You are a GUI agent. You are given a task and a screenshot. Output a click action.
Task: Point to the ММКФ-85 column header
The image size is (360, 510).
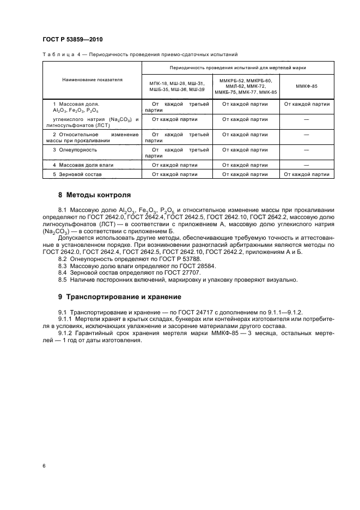(307, 86)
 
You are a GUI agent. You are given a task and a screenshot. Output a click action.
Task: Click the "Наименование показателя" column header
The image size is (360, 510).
(91, 80)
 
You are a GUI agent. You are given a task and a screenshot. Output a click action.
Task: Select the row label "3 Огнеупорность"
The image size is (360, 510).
(75, 149)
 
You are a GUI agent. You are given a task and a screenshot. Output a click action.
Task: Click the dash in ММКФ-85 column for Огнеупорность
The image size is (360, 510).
(307, 149)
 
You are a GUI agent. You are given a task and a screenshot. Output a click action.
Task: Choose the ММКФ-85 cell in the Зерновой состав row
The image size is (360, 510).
(307, 174)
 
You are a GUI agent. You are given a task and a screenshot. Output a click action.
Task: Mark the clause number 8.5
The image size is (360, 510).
(62, 280)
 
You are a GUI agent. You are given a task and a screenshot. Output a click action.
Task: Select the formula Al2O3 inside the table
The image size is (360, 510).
(59, 110)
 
